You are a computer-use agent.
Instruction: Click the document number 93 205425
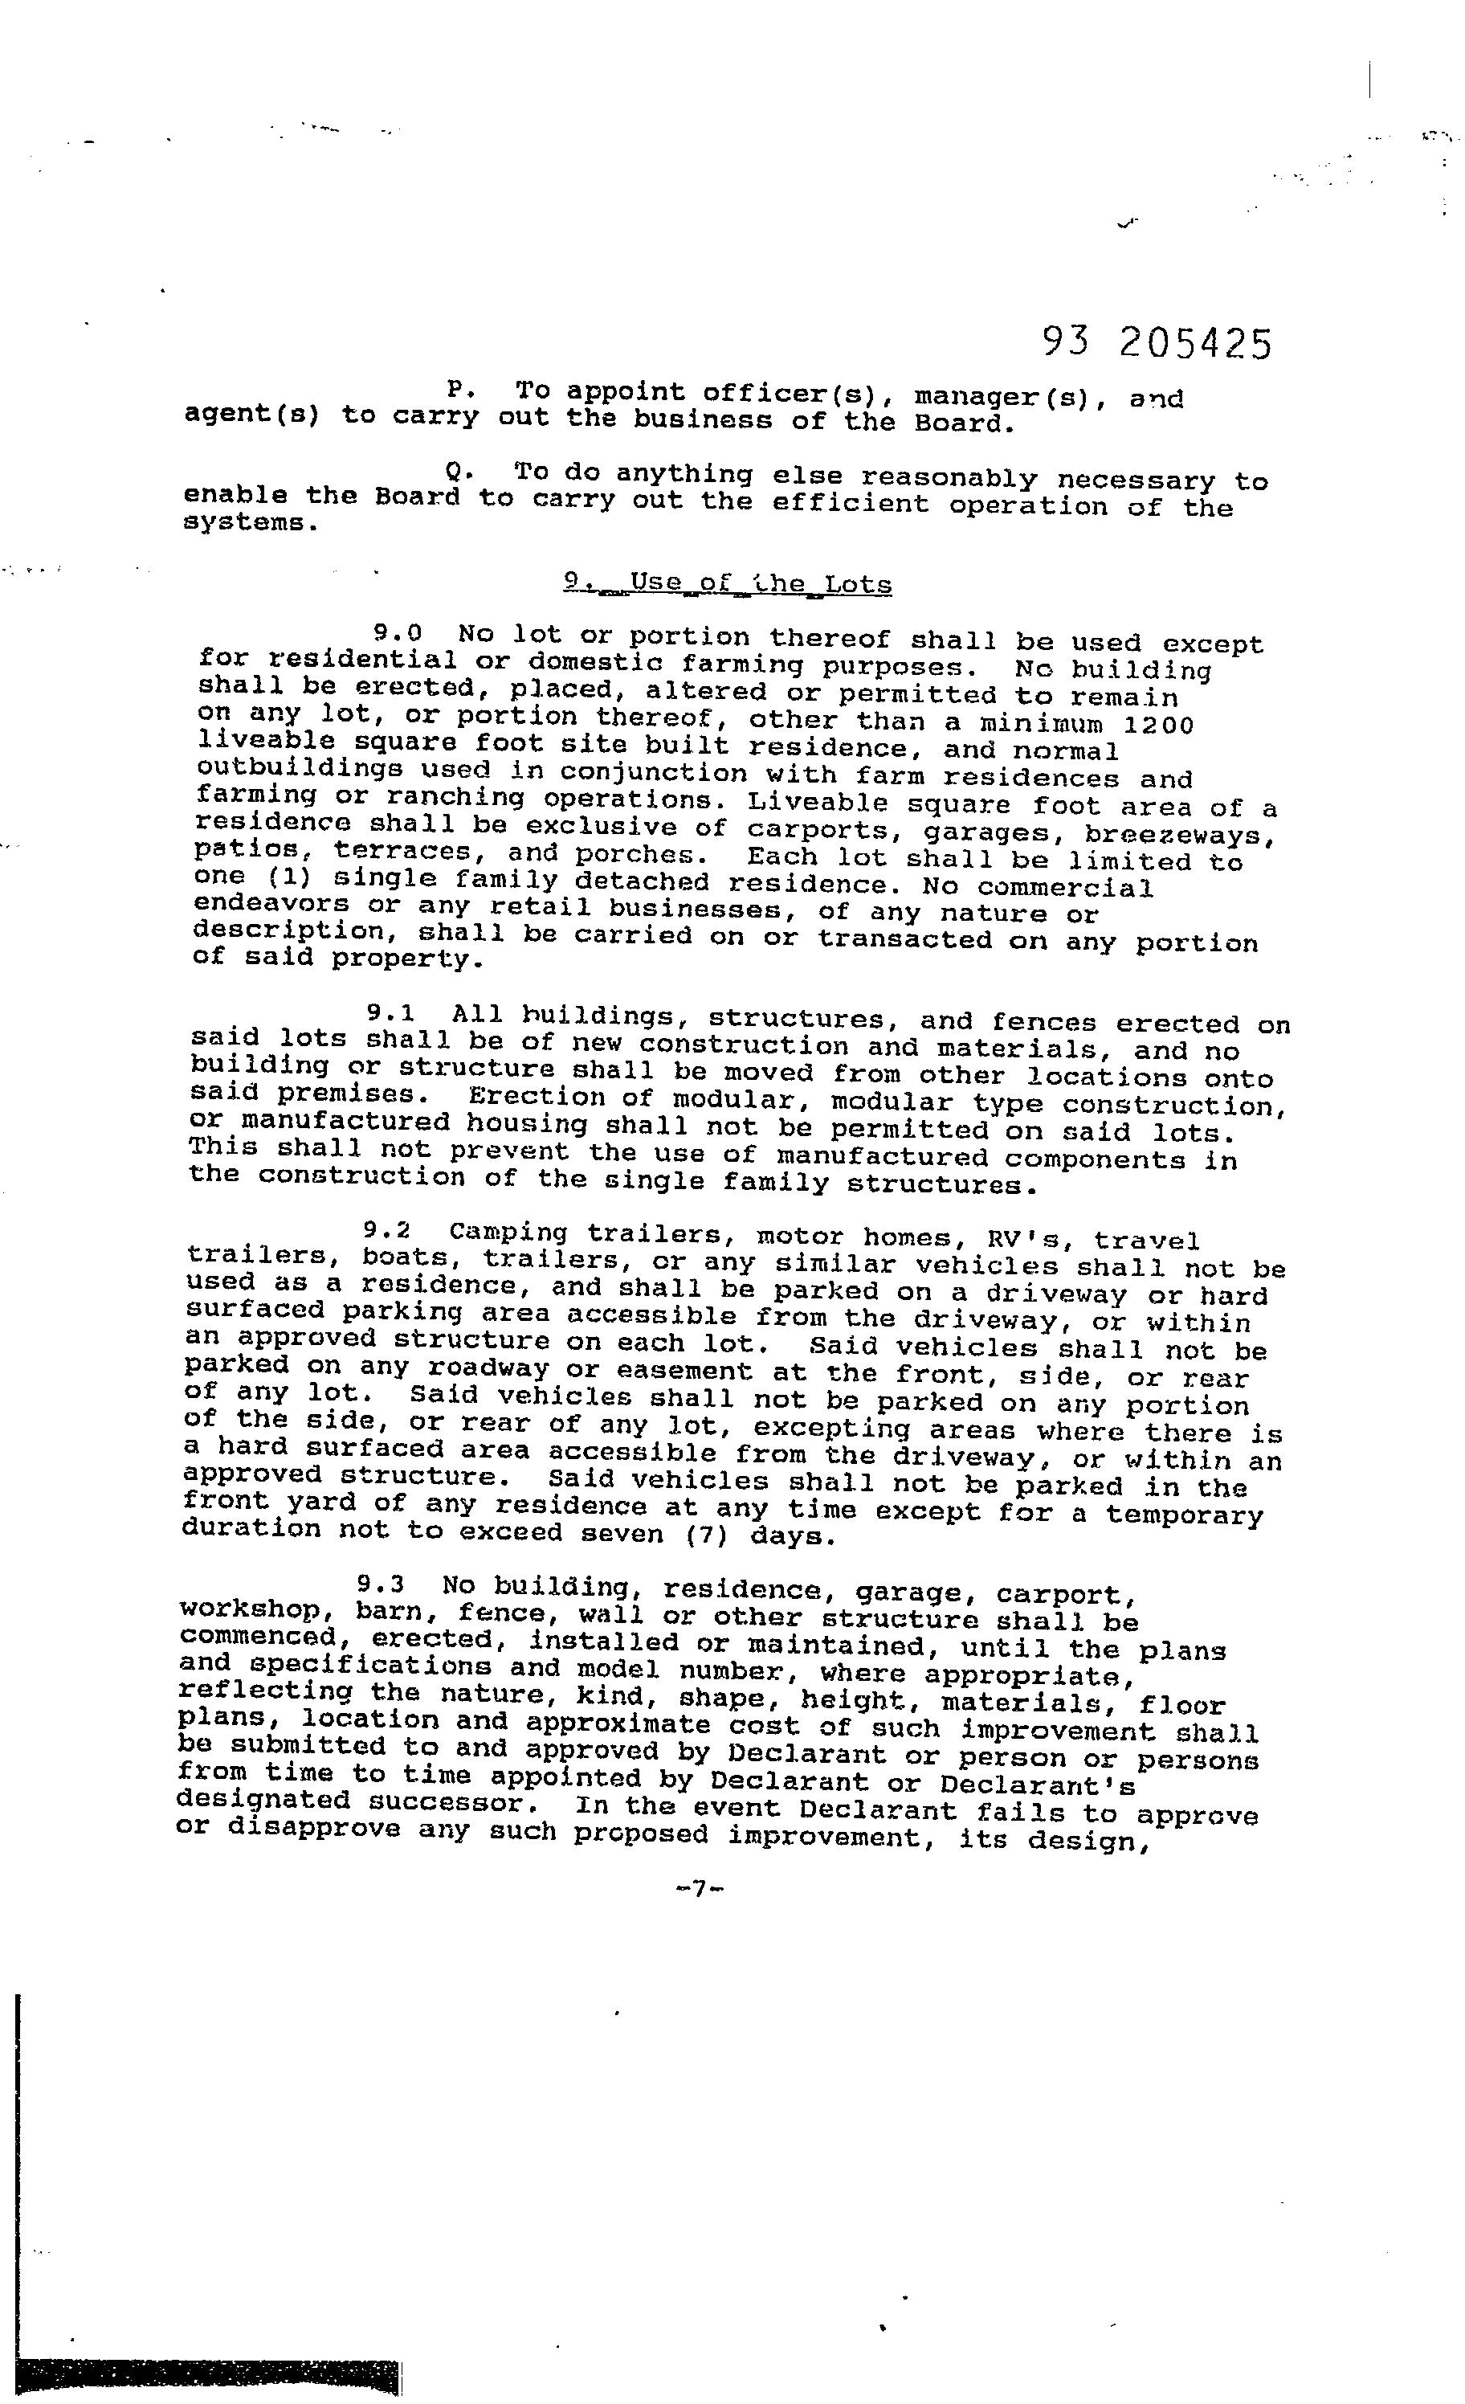pyautogui.click(x=1157, y=343)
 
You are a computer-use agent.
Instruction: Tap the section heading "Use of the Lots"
pyautogui.click(x=728, y=583)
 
